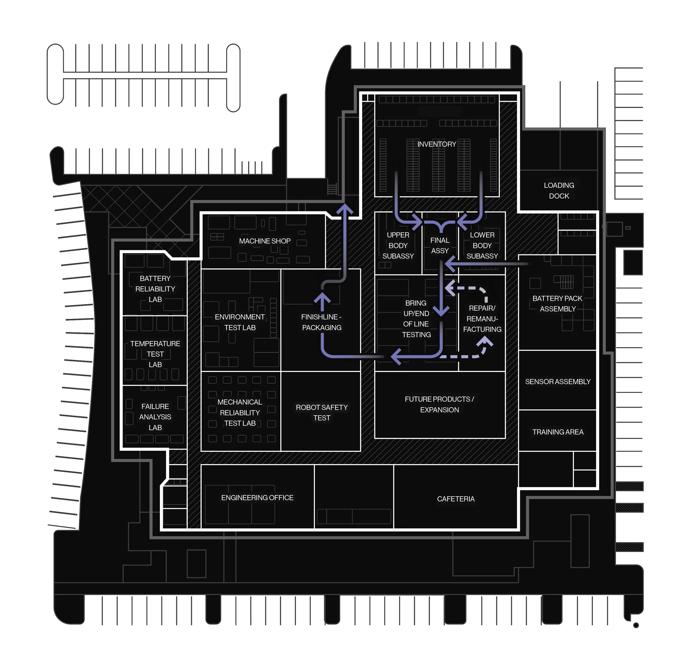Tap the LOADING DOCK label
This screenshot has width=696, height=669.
(559, 190)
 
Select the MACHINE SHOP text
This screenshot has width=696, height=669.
(265, 241)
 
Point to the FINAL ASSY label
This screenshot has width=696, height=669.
(440, 245)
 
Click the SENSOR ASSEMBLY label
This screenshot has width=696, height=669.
(558, 382)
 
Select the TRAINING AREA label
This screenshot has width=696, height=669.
(558, 432)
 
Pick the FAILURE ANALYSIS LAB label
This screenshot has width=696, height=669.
(155, 417)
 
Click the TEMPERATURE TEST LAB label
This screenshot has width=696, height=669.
(155, 354)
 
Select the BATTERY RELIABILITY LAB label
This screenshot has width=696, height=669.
(155, 289)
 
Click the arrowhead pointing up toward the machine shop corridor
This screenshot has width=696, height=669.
(344, 209)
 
